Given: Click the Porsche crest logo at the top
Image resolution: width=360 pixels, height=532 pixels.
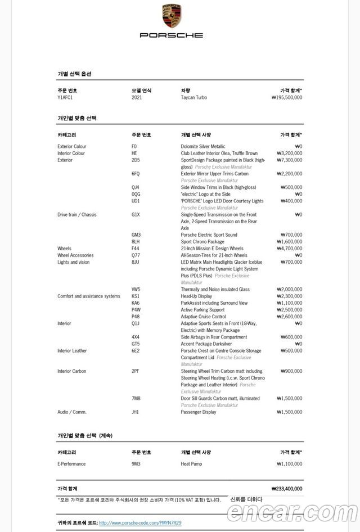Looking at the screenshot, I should [171, 16].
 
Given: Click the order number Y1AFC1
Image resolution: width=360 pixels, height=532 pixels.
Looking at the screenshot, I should [65, 97].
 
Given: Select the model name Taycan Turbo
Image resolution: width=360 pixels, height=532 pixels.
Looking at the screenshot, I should [193, 97].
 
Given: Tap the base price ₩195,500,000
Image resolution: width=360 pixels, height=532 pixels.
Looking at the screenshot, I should [286, 97].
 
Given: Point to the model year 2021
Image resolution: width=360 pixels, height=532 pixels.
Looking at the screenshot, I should [137, 97].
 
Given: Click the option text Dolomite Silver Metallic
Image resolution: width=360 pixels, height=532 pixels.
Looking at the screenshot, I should [202, 146].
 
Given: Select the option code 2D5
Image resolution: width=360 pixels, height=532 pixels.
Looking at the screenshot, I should [136, 160].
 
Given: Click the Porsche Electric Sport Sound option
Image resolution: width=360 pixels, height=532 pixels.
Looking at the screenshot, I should [209, 235].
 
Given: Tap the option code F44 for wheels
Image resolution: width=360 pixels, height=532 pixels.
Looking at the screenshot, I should [135, 248].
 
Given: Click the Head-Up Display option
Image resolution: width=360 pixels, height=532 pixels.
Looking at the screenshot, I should [196, 296].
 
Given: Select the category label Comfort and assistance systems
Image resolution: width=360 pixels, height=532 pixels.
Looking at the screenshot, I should [88, 296].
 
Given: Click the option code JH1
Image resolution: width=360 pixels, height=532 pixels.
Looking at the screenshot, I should [135, 412].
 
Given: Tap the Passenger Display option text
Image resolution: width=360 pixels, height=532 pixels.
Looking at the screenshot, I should [199, 412].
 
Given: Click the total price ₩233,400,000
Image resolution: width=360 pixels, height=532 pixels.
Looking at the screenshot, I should [286, 489].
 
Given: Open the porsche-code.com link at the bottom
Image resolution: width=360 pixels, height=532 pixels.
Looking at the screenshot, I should [140, 523].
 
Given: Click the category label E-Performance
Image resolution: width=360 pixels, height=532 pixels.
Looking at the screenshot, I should [71, 464].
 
